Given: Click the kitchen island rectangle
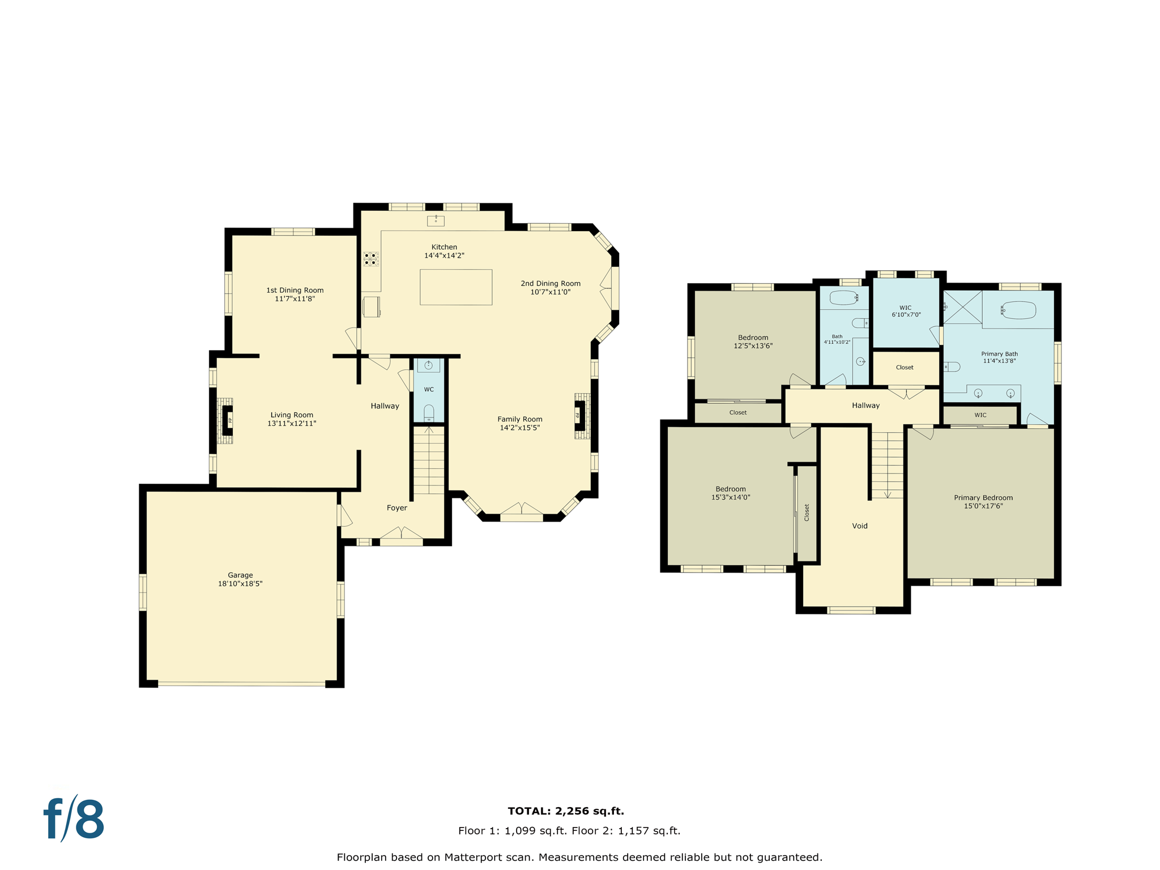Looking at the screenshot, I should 455,287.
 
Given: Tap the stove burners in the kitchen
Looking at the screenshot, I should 371,259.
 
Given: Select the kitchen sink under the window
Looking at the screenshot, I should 436,220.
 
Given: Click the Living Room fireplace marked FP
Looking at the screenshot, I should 228,420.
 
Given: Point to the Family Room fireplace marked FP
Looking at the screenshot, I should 579,416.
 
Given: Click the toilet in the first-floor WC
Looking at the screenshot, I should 429,412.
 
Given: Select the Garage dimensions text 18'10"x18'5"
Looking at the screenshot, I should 240,583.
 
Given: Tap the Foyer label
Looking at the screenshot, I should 396,507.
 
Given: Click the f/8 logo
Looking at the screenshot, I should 74,819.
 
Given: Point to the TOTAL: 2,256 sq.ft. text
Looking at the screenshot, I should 565,811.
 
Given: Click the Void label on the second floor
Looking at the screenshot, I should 859,526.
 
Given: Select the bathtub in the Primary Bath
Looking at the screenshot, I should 1018,310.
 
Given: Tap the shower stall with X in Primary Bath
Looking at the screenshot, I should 962,307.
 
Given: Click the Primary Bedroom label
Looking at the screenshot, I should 983,498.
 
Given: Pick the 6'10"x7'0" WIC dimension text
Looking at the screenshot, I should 906,314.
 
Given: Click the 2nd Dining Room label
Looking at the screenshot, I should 550,283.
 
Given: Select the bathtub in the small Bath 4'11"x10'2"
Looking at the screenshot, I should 843,297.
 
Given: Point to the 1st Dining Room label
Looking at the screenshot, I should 295,290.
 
